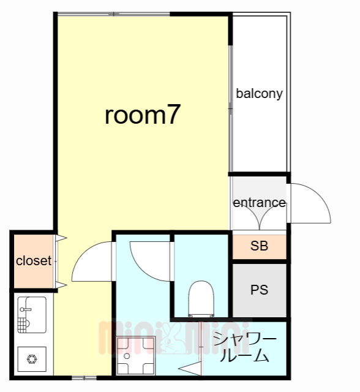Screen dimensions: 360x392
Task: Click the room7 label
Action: click(x=143, y=115)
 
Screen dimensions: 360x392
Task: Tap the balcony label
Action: click(x=260, y=94)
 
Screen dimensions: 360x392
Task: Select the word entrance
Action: click(x=260, y=203)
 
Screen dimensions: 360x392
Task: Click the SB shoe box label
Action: click(x=260, y=246)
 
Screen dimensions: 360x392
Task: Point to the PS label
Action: click(x=260, y=290)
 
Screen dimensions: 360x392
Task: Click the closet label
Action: click(x=34, y=261)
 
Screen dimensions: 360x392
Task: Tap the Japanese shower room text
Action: click(x=245, y=347)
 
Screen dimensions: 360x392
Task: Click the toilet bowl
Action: click(x=201, y=299)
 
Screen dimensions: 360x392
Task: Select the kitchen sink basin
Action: click(x=32, y=315)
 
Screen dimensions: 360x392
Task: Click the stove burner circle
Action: click(x=32, y=360)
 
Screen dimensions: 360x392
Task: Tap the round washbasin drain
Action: click(x=127, y=355)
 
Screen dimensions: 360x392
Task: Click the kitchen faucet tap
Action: click(x=26, y=309)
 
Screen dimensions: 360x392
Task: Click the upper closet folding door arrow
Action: click(x=61, y=238)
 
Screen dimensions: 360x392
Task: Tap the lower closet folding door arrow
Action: click(x=61, y=285)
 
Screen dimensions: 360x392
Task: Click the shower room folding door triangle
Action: click(x=190, y=369)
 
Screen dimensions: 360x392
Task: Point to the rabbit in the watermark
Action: click(x=173, y=339)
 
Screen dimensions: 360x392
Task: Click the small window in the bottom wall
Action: click(x=84, y=378)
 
